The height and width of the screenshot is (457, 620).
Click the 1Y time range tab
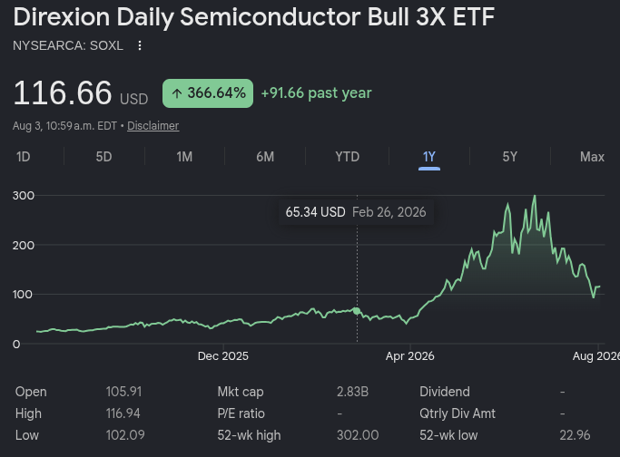pyautogui.click(x=429, y=157)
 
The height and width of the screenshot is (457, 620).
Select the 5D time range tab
pyautogui.click(x=104, y=157)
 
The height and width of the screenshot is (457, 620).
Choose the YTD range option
pyautogui.click(x=347, y=157)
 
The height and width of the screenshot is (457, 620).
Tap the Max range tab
pyautogui.click(x=592, y=157)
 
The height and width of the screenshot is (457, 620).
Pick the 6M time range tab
pyautogui.click(x=265, y=157)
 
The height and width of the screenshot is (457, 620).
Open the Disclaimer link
pyautogui.click(x=153, y=126)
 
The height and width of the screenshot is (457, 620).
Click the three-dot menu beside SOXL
pyautogui.click(x=140, y=45)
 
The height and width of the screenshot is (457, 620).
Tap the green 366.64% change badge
pyautogui.click(x=208, y=93)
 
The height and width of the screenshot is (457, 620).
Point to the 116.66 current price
pyautogui.click(x=63, y=92)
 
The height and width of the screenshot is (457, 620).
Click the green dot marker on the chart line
pyautogui.click(x=357, y=311)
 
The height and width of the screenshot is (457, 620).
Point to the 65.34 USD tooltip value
pyautogui.click(x=316, y=212)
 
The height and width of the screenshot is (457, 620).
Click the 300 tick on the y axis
pyautogui.click(x=24, y=196)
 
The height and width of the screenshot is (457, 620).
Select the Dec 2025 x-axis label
pyautogui.click(x=223, y=355)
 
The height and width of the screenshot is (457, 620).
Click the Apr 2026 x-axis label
pyautogui.click(x=409, y=355)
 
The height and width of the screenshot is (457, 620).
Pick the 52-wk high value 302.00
pyautogui.click(x=358, y=435)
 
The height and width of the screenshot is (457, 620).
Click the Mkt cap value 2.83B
pyautogui.click(x=352, y=392)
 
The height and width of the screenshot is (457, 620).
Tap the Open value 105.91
pyautogui.click(x=123, y=392)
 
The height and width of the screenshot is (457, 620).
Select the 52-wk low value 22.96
pyautogui.click(x=575, y=435)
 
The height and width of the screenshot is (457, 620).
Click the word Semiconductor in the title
pyautogui.click(x=271, y=17)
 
